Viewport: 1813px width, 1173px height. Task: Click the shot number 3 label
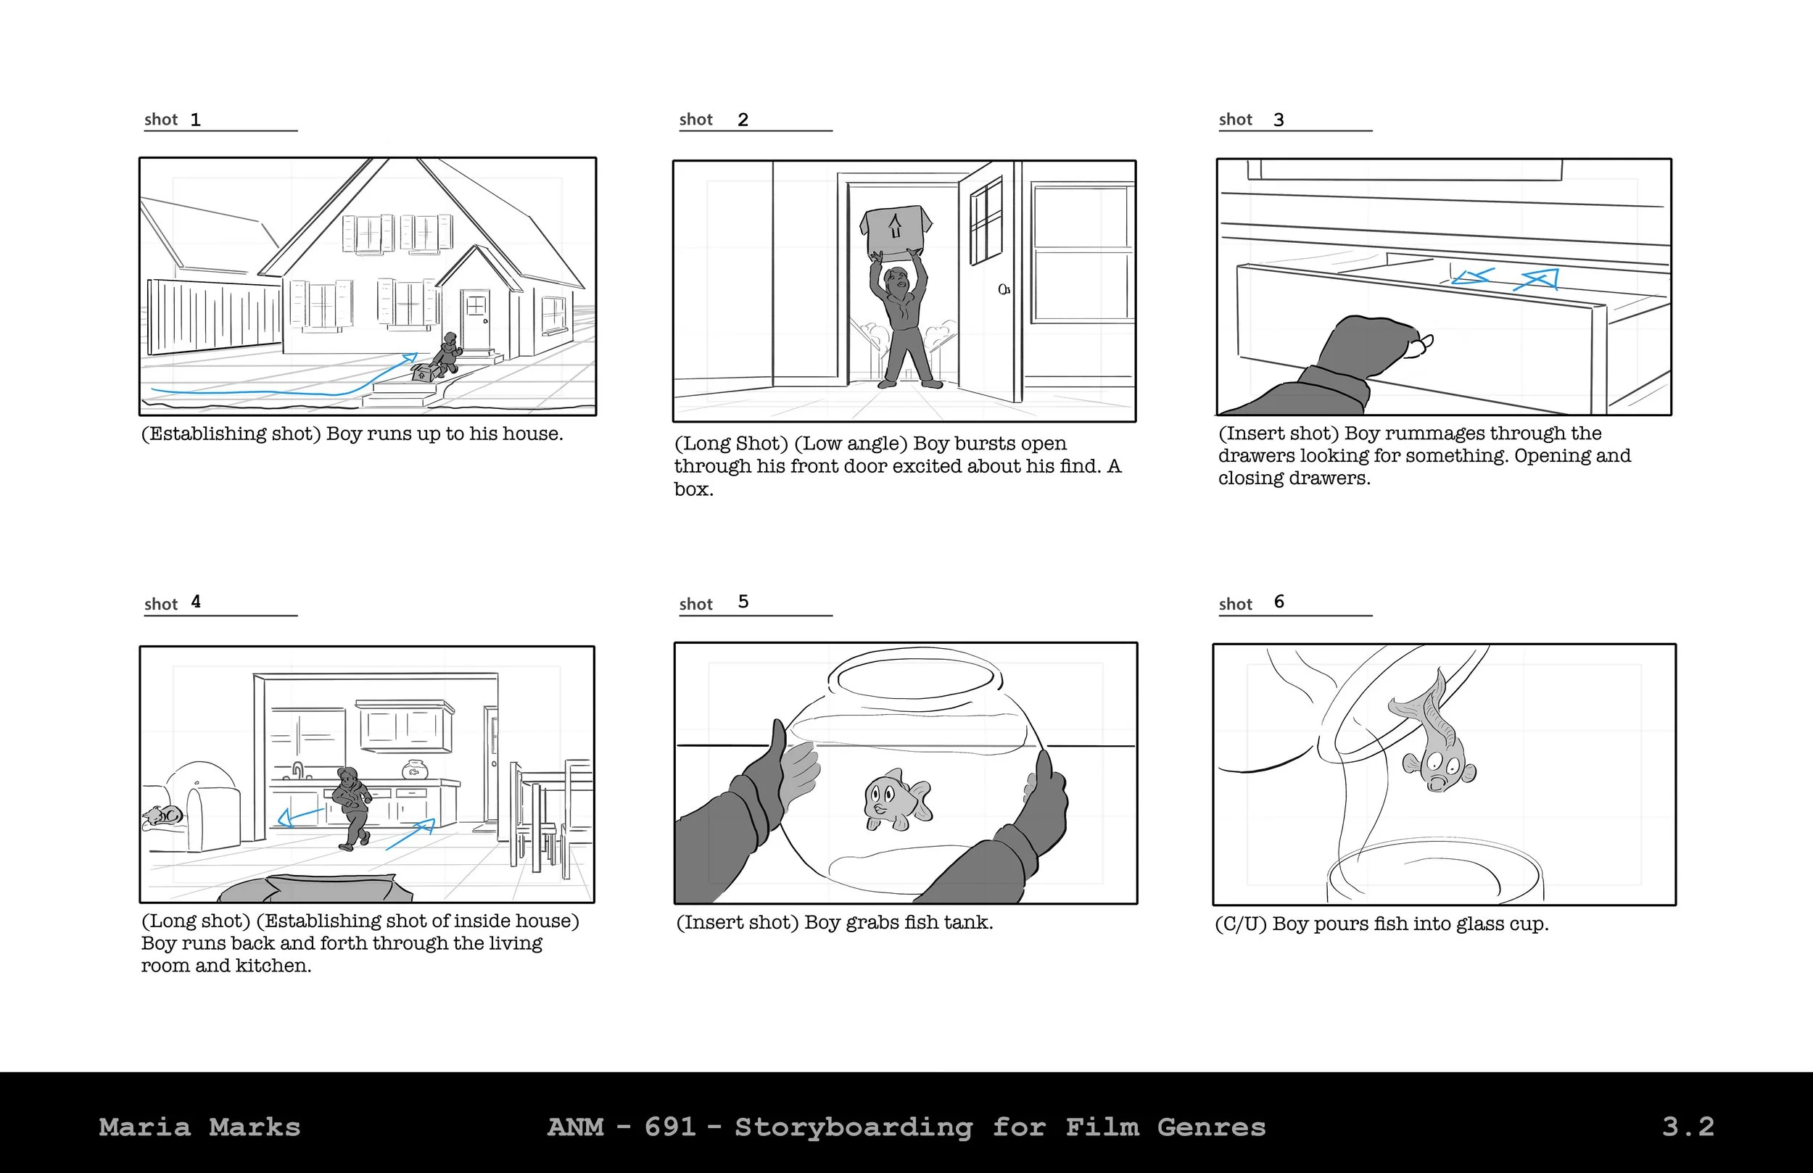tap(1279, 120)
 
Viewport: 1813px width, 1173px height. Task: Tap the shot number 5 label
tap(743, 602)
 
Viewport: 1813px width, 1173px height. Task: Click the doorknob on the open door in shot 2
tap(1004, 289)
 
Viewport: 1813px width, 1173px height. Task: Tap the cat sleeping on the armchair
tap(162, 816)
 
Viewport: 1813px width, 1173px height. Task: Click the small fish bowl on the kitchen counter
tap(415, 768)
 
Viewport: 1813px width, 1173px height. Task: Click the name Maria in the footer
tap(145, 1127)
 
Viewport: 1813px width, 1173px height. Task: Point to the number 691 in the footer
tap(670, 1127)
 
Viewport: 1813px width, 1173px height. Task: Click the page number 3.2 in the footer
tap(1688, 1127)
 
